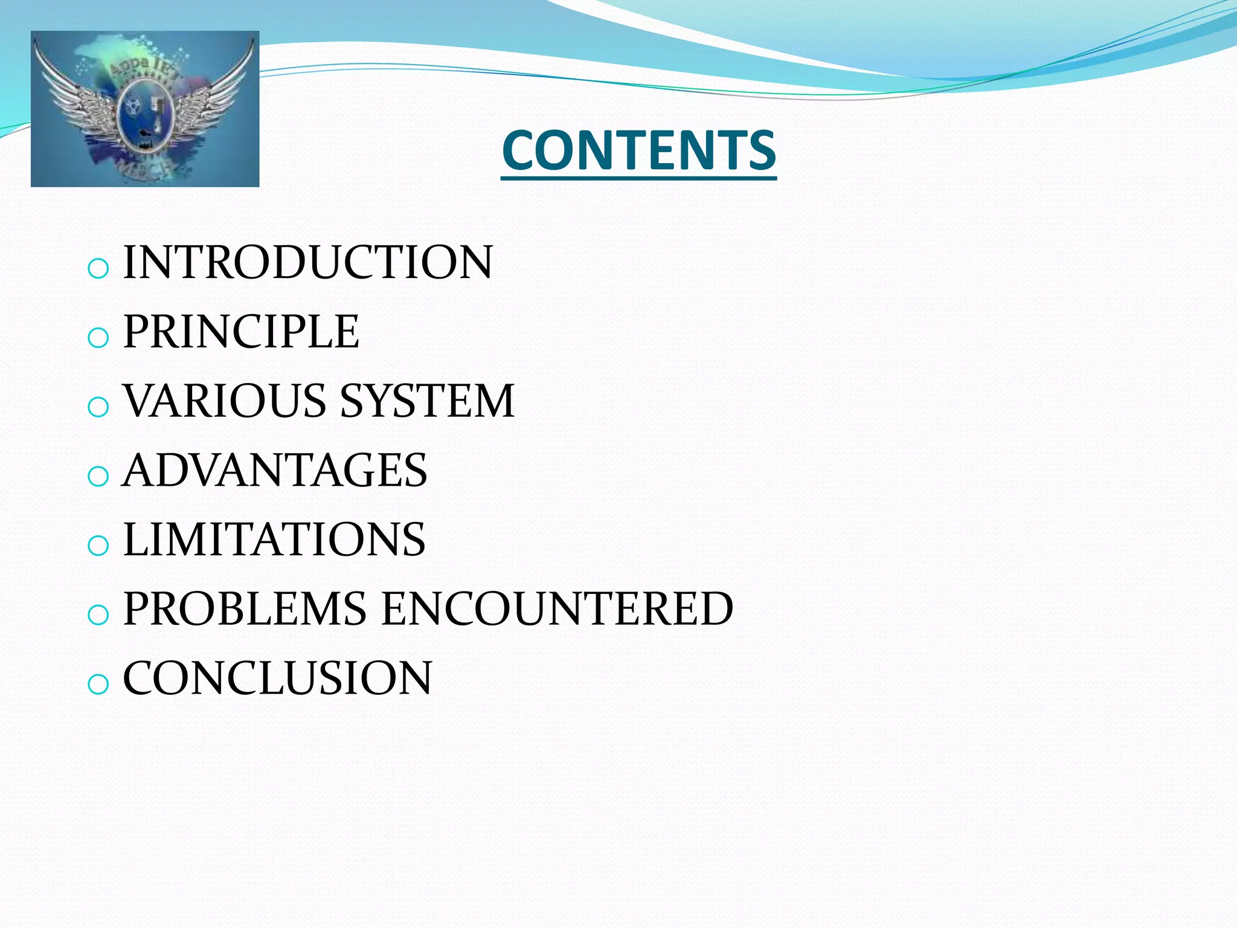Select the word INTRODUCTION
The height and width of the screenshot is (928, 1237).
coord(307,262)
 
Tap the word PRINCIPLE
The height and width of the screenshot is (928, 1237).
coord(241,332)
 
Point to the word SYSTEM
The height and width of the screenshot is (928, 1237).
coord(427,401)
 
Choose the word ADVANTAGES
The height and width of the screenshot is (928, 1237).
coord(275,470)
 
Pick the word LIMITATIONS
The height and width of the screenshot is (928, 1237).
coord(274,539)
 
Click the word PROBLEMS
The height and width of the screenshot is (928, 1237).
coord(245,608)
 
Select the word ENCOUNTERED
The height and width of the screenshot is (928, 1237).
coord(557,608)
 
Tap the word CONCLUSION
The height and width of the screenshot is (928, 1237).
coord(277,678)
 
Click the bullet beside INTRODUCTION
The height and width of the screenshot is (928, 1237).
coord(98,268)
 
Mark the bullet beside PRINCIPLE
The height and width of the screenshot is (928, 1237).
coord(98,338)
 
